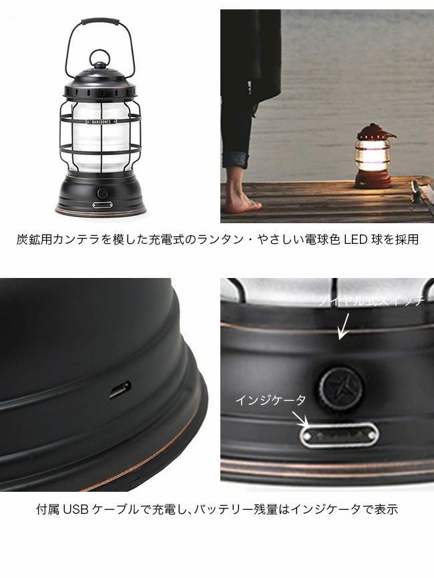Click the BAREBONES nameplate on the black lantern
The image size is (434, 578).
101,121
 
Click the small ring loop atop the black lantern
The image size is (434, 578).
100,58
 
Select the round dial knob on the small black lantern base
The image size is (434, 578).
102,193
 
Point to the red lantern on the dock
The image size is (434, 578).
375,156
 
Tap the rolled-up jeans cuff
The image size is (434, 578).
236,159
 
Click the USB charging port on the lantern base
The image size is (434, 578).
120,390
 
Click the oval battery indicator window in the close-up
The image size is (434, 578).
339,436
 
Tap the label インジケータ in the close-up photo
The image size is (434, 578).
271,400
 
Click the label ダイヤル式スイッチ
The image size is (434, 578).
371,301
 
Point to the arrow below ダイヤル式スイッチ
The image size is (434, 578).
345,326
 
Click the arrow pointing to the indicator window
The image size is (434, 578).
301,419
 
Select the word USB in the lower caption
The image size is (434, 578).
76,509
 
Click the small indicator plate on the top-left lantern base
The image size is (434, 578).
102,205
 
